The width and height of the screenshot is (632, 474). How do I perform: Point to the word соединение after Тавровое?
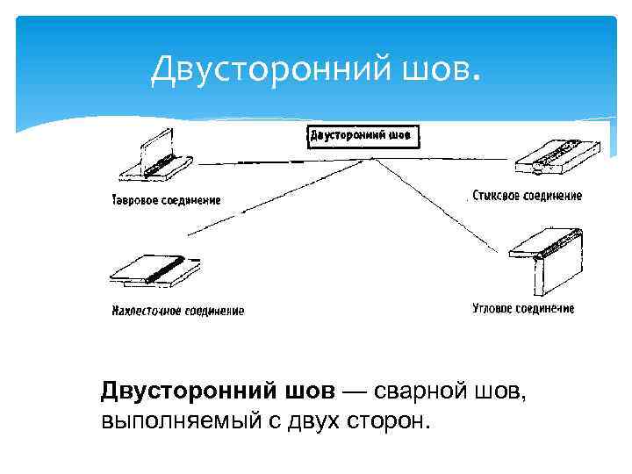click(193, 199)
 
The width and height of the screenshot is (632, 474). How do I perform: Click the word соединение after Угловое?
click(547, 308)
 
